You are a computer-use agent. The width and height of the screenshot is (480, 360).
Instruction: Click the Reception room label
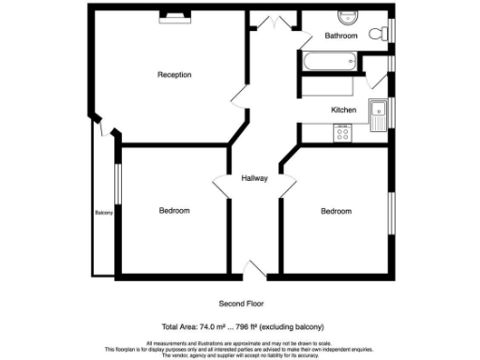174,74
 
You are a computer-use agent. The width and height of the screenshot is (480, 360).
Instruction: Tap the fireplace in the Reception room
173,15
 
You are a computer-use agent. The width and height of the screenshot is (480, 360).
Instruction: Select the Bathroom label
341,36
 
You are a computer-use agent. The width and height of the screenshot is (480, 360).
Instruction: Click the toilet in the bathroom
378,34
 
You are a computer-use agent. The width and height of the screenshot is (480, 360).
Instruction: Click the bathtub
328,63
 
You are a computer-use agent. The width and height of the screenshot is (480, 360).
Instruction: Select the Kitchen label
344,111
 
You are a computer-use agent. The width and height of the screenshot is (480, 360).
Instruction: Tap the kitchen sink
379,113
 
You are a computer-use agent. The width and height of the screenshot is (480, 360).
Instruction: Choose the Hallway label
255,178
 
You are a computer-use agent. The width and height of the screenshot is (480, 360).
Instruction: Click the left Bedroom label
173,211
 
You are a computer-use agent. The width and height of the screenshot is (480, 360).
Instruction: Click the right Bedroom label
336,211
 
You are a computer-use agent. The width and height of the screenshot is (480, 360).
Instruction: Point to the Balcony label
103,213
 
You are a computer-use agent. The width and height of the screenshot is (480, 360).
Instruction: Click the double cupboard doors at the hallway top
274,22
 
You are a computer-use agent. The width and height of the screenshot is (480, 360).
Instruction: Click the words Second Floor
242,304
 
